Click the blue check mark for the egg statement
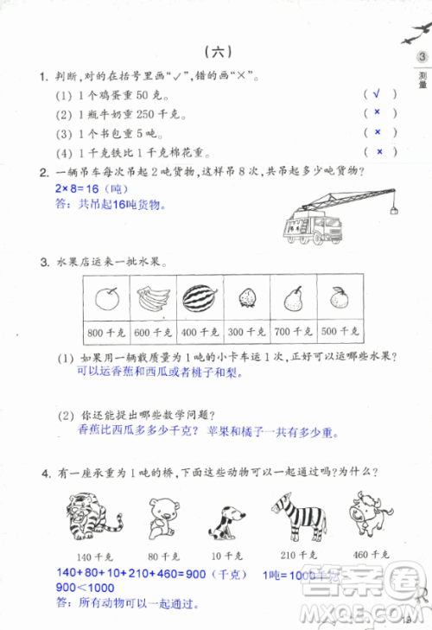click(378, 94)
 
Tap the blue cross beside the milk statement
click(378, 113)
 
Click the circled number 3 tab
click(421, 58)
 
